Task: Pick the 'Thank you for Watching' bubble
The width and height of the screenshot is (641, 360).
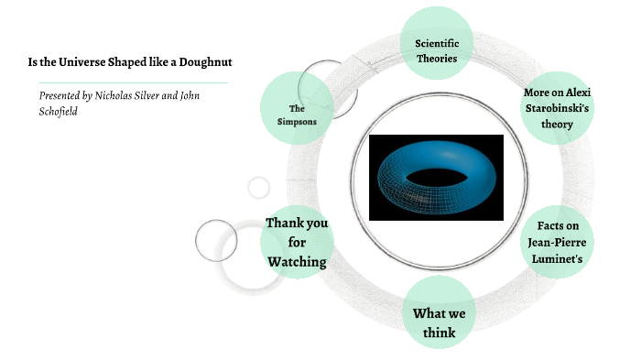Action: (297, 242)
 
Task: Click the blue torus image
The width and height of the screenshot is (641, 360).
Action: (436, 177)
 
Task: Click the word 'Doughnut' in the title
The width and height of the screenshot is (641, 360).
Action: (206, 62)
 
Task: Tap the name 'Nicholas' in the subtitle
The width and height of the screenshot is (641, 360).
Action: (120, 95)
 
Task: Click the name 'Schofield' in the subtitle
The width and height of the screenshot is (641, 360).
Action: (60, 110)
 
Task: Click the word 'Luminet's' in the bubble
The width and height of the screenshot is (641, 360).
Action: (557, 259)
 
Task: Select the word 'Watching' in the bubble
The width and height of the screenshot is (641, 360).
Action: (297, 262)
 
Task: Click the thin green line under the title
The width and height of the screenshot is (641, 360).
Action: (127, 82)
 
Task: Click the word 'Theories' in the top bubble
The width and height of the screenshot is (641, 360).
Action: (437, 58)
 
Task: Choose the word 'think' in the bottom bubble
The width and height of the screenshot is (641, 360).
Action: (439, 333)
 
